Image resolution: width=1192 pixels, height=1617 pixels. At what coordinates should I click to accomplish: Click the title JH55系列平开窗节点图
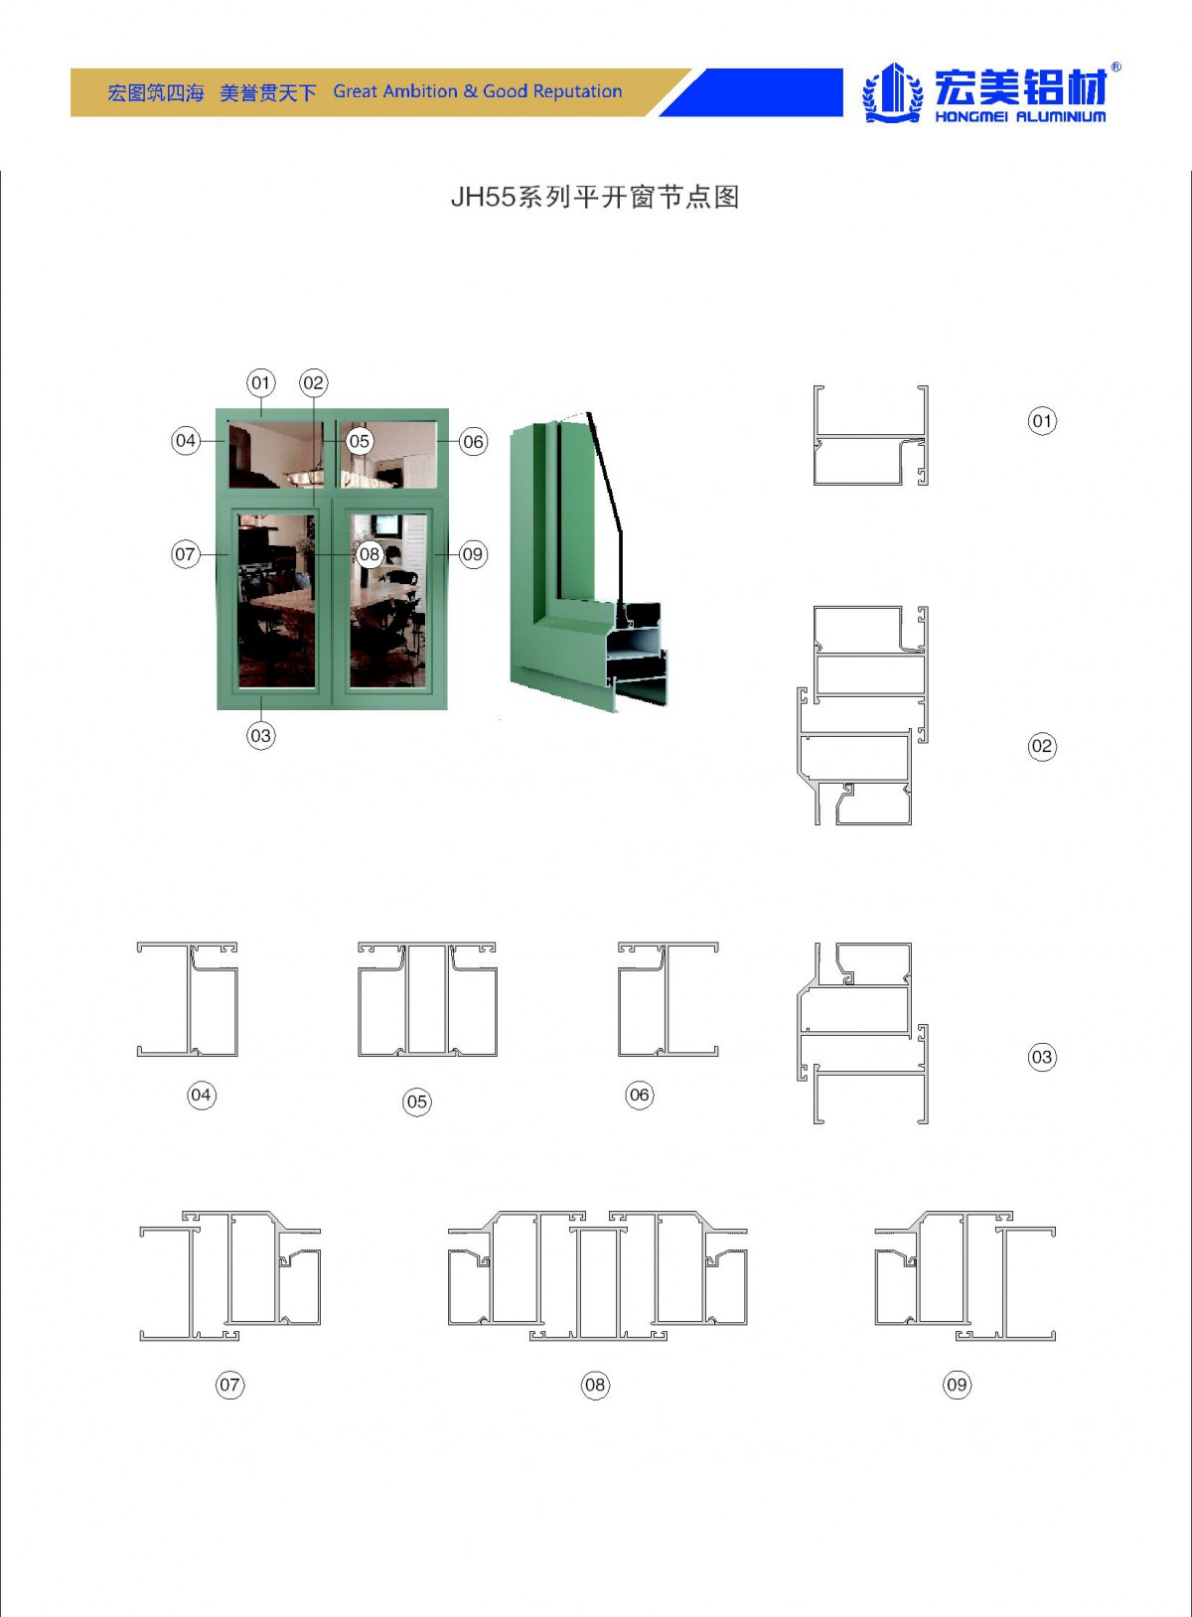[x=595, y=197]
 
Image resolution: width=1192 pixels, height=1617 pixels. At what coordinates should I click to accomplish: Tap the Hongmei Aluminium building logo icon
[x=893, y=92]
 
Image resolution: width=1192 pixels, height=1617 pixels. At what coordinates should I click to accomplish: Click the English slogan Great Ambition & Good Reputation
[x=477, y=91]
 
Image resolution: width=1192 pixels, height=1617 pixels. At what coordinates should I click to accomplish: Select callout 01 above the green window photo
[x=260, y=382]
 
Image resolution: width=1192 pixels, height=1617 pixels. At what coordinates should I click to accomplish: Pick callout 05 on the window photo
[x=359, y=441]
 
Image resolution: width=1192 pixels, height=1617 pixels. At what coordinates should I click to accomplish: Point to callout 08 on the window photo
[x=369, y=554]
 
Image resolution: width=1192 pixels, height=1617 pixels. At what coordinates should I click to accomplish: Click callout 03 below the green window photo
[x=260, y=736]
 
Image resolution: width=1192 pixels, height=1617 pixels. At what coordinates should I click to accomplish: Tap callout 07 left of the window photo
[x=185, y=554]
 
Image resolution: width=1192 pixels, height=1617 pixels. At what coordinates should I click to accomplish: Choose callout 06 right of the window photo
[x=473, y=442]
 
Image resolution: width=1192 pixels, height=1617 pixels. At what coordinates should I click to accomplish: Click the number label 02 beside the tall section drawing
[x=1042, y=746]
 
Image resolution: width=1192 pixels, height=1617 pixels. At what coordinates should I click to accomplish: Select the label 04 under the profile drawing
[x=201, y=1096]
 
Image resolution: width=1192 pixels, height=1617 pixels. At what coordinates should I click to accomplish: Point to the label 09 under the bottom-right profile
[x=957, y=1385]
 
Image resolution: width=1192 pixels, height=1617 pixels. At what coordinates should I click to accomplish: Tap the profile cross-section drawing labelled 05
[x=427, y=1000]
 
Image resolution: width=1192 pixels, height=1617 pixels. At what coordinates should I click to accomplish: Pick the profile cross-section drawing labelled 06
[x=668, y=1000]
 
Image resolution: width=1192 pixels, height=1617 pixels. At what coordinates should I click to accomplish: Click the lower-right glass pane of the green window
[x=388, y=601]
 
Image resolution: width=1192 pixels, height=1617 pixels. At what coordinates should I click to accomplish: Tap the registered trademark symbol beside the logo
[x=1116, y=68]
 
